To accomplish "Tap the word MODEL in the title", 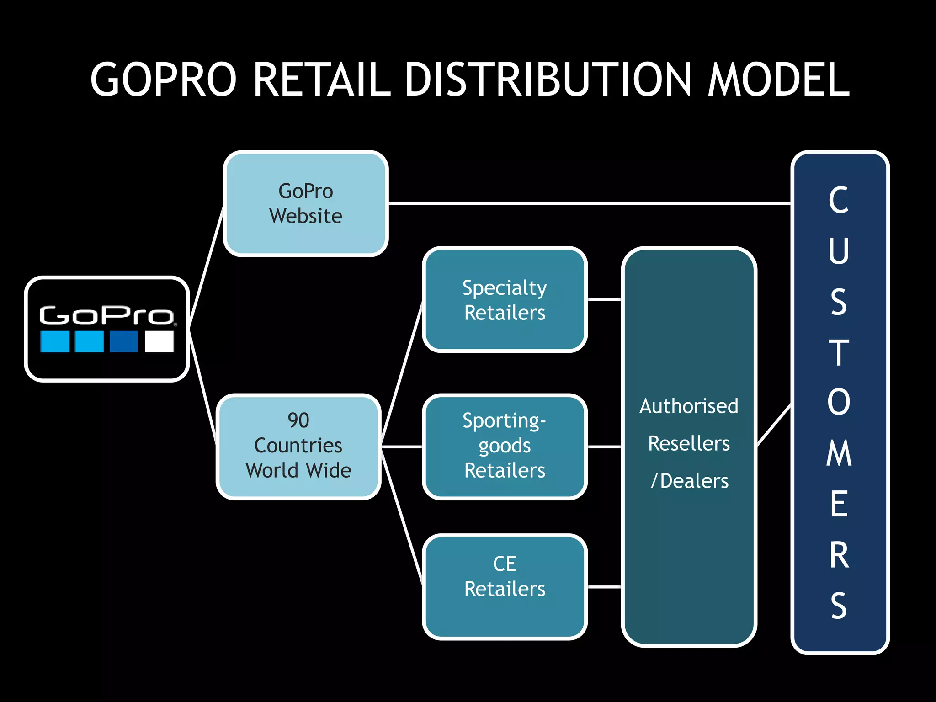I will pyautogui.click(x=778, y=80).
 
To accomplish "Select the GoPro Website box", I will pyautogui.click(x=305, y=204).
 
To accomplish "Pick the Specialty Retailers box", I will pyautogui.click(x=505, y=300).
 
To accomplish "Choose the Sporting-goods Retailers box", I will pyautogui.click(x=505, y=446).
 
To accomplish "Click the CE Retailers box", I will pyautogui.click(x=505, y=587).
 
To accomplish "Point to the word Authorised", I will pyautogui.click(x=689, y=406).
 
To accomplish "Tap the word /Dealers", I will pyautogui.click(x=690, y=481).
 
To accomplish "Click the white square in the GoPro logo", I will pyautogui.click(x=159, y=341).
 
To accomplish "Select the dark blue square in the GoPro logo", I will pyautogui.click(x=124, y=341).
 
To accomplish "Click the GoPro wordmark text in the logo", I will pyautogui.click(x=106, y=315).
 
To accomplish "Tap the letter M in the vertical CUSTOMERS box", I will pyautogui.click(x=839, y=453).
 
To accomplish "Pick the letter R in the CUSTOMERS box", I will pyautogui.click(x=839, y=555).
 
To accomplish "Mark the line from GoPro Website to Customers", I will pyautogui.click(x=590, y=203).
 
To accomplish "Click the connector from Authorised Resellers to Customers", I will pyautogui.click(x=774, y=425).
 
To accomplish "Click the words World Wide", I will pyautogui.click(x=298, y=471).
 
